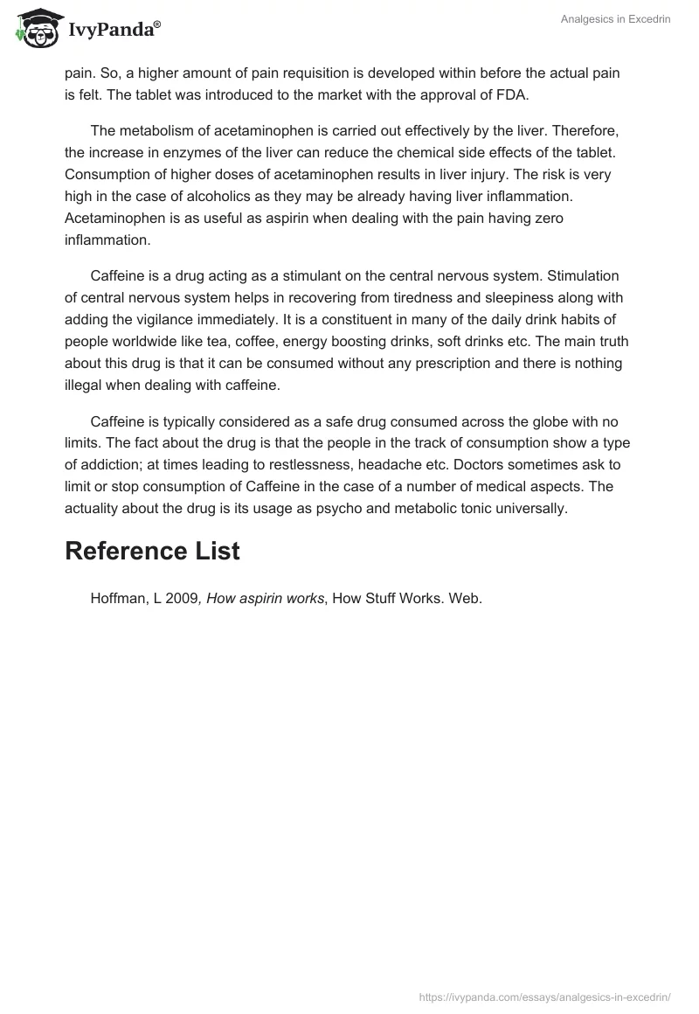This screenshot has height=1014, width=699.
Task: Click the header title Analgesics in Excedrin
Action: click(615, 19)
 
